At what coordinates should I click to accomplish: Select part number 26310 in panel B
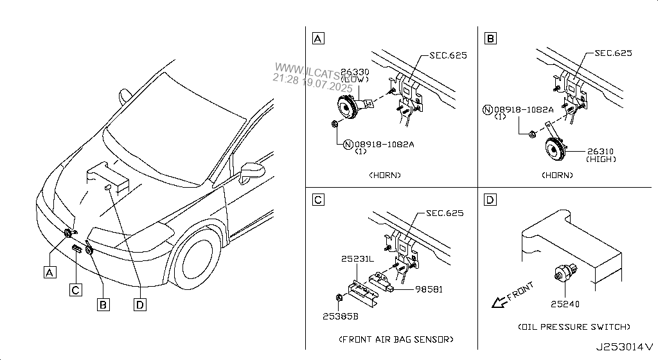tap(600, 152)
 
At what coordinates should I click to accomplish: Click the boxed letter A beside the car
tap(49, 272)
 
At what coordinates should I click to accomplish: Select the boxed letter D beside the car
tap(139, 305)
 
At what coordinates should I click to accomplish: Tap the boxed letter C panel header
tap(318, 201)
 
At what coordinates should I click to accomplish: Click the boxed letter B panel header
tap(491, 39)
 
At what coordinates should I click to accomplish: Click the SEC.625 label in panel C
tap(445, 213)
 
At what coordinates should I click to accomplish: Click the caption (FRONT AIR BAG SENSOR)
tap(395, 339)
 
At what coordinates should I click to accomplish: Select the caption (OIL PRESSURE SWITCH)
tap(574, 327)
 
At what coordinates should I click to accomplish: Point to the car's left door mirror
tap(253, 170)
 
